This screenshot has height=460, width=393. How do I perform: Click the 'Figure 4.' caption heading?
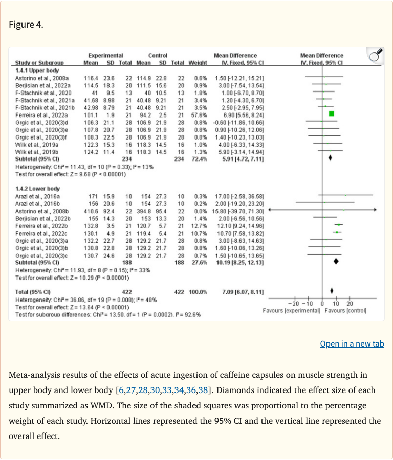26,25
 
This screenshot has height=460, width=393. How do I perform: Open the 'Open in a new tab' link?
352,343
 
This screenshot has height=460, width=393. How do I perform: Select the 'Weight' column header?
198,63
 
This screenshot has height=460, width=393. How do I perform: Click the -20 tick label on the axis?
298,304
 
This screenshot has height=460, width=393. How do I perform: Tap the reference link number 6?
121,391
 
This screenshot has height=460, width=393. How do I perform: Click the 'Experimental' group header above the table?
105,55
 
